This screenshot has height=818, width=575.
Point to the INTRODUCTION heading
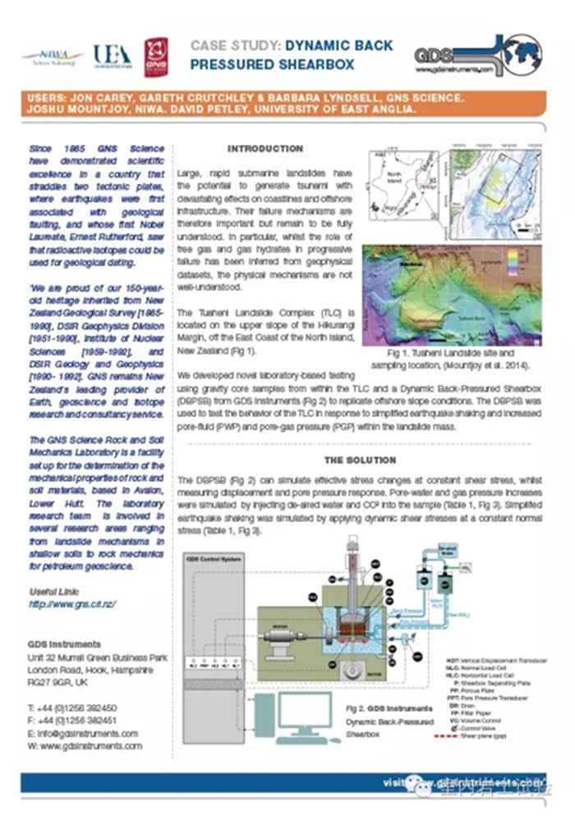point(264,149)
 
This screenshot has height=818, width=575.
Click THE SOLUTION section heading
point(360,460)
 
